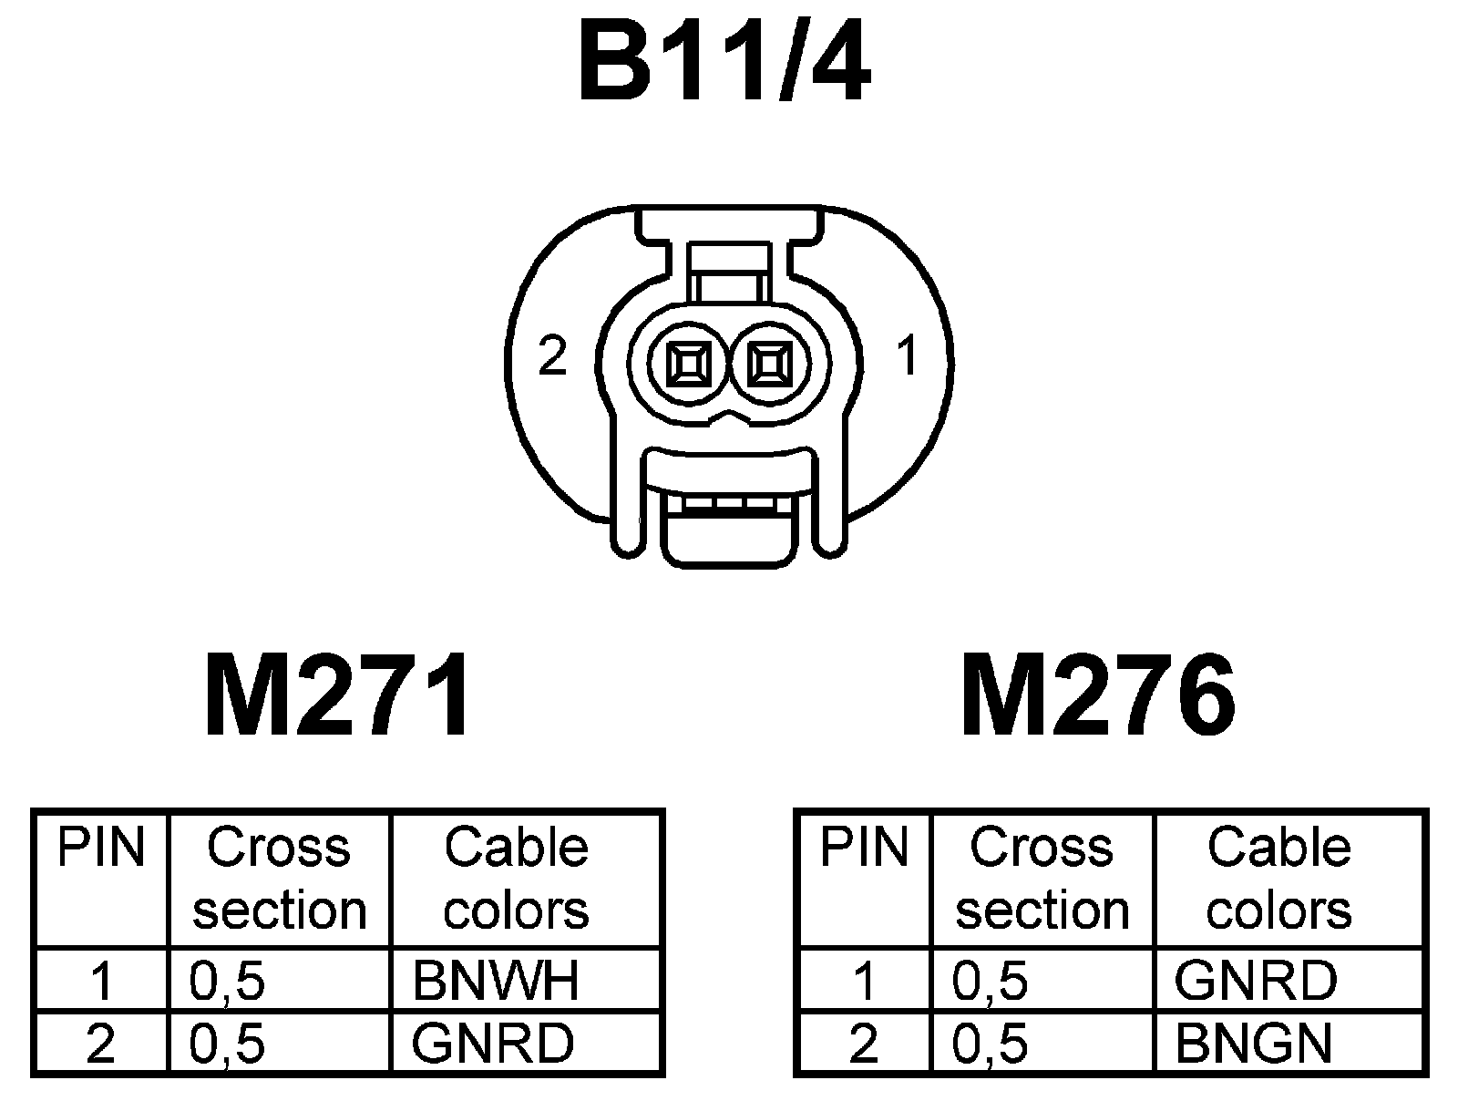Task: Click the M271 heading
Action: pos(339,695)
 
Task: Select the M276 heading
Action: pos(1098,695)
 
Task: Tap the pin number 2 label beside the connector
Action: pos(552,356)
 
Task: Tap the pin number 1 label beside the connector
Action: pos(907,356)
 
